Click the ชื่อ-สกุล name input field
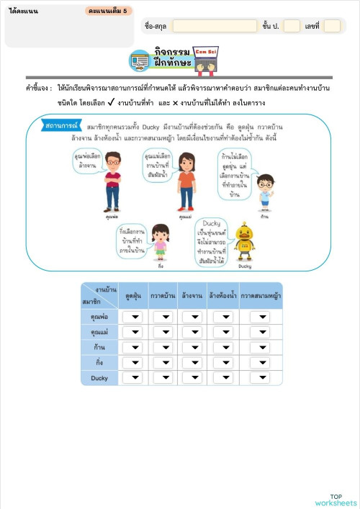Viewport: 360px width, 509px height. click(x=215, y=26)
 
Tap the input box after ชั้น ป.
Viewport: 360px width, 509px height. click(x=292, y=26)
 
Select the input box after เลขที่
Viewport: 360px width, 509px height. click(x=332, y=26)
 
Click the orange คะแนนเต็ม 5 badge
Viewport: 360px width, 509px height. click(x=108, y=12)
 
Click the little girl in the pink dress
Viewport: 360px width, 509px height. click(x=161, y=242)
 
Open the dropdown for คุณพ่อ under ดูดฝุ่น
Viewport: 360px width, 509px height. click(x=132, y=317)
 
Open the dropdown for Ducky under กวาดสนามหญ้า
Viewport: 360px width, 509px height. click(x=260, y=377)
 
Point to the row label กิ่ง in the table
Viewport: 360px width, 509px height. click(x=99, y=362)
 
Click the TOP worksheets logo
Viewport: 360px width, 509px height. click(x=336, y=499)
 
